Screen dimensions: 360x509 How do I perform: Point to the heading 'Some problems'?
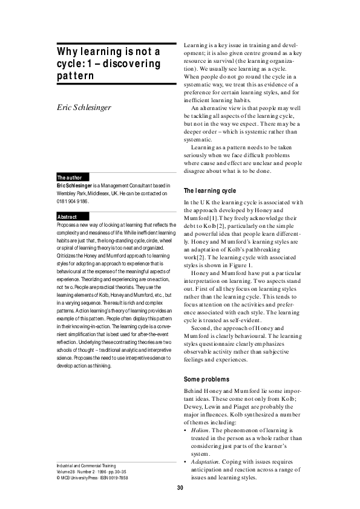pyautogui.click(x=206, y=380)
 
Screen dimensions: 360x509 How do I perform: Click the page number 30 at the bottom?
pyautogui.click(x=180, y=488)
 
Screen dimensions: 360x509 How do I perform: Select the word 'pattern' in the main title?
pyautogui.click(x=68, y=76)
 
